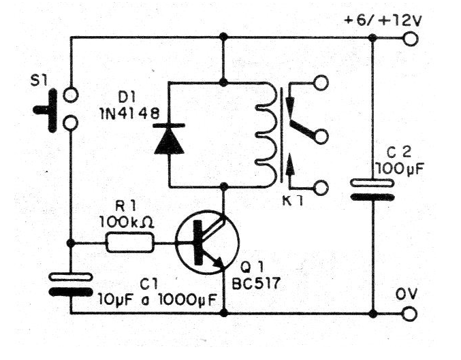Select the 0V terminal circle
tap(410, 314)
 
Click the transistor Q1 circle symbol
tap(206, 243)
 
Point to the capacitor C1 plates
tap(71, 284)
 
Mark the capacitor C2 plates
tap(373, 190)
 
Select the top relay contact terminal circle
tap(321, 83)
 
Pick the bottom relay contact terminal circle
tap(321, 186)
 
